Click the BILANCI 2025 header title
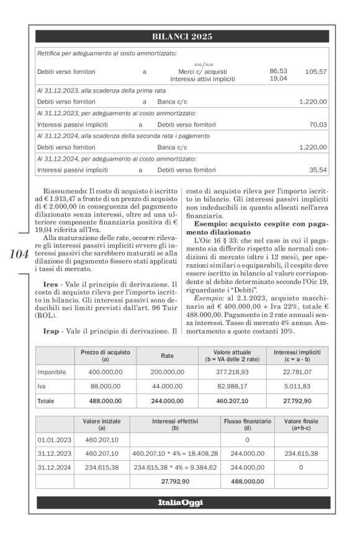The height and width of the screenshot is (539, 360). click(182, 37)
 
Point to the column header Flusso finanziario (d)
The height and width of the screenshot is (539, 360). click(247, 424)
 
